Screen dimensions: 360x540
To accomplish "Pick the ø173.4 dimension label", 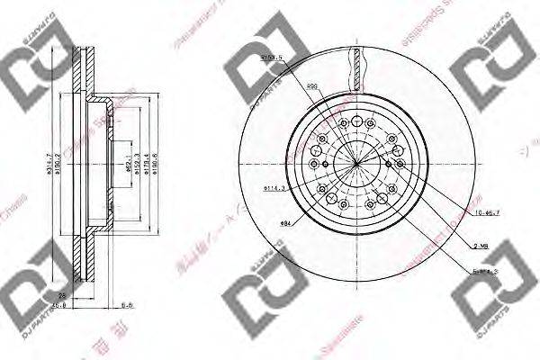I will pos(147,165).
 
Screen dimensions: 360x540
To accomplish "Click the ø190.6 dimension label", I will pos(158,165).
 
